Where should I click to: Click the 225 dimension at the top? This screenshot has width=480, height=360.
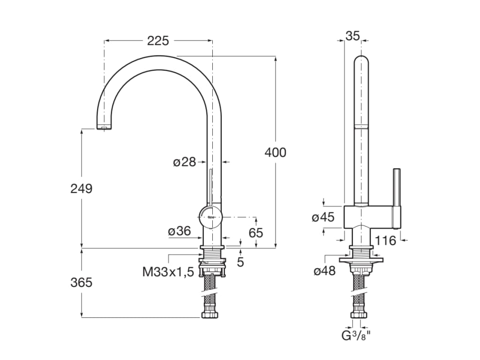[158, 41]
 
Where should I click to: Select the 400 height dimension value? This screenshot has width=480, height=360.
[275, 152]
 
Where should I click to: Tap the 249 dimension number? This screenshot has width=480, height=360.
[82, 188]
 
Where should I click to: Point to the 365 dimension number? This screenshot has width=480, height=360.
[82, 283]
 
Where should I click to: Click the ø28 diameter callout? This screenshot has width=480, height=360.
[184, 162]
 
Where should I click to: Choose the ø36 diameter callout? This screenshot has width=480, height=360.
[180, 231]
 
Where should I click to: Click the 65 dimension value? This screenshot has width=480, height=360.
[256, 232]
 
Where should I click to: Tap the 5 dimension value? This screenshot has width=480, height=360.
[240, 262]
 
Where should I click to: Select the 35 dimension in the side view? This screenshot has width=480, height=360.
[353, 35]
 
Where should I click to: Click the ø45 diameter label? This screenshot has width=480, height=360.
[323, 217]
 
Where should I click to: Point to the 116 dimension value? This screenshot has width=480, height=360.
[386, 241]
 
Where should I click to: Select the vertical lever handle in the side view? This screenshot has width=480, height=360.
[397, 197]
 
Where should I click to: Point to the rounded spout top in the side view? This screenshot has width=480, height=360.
[360, 63]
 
